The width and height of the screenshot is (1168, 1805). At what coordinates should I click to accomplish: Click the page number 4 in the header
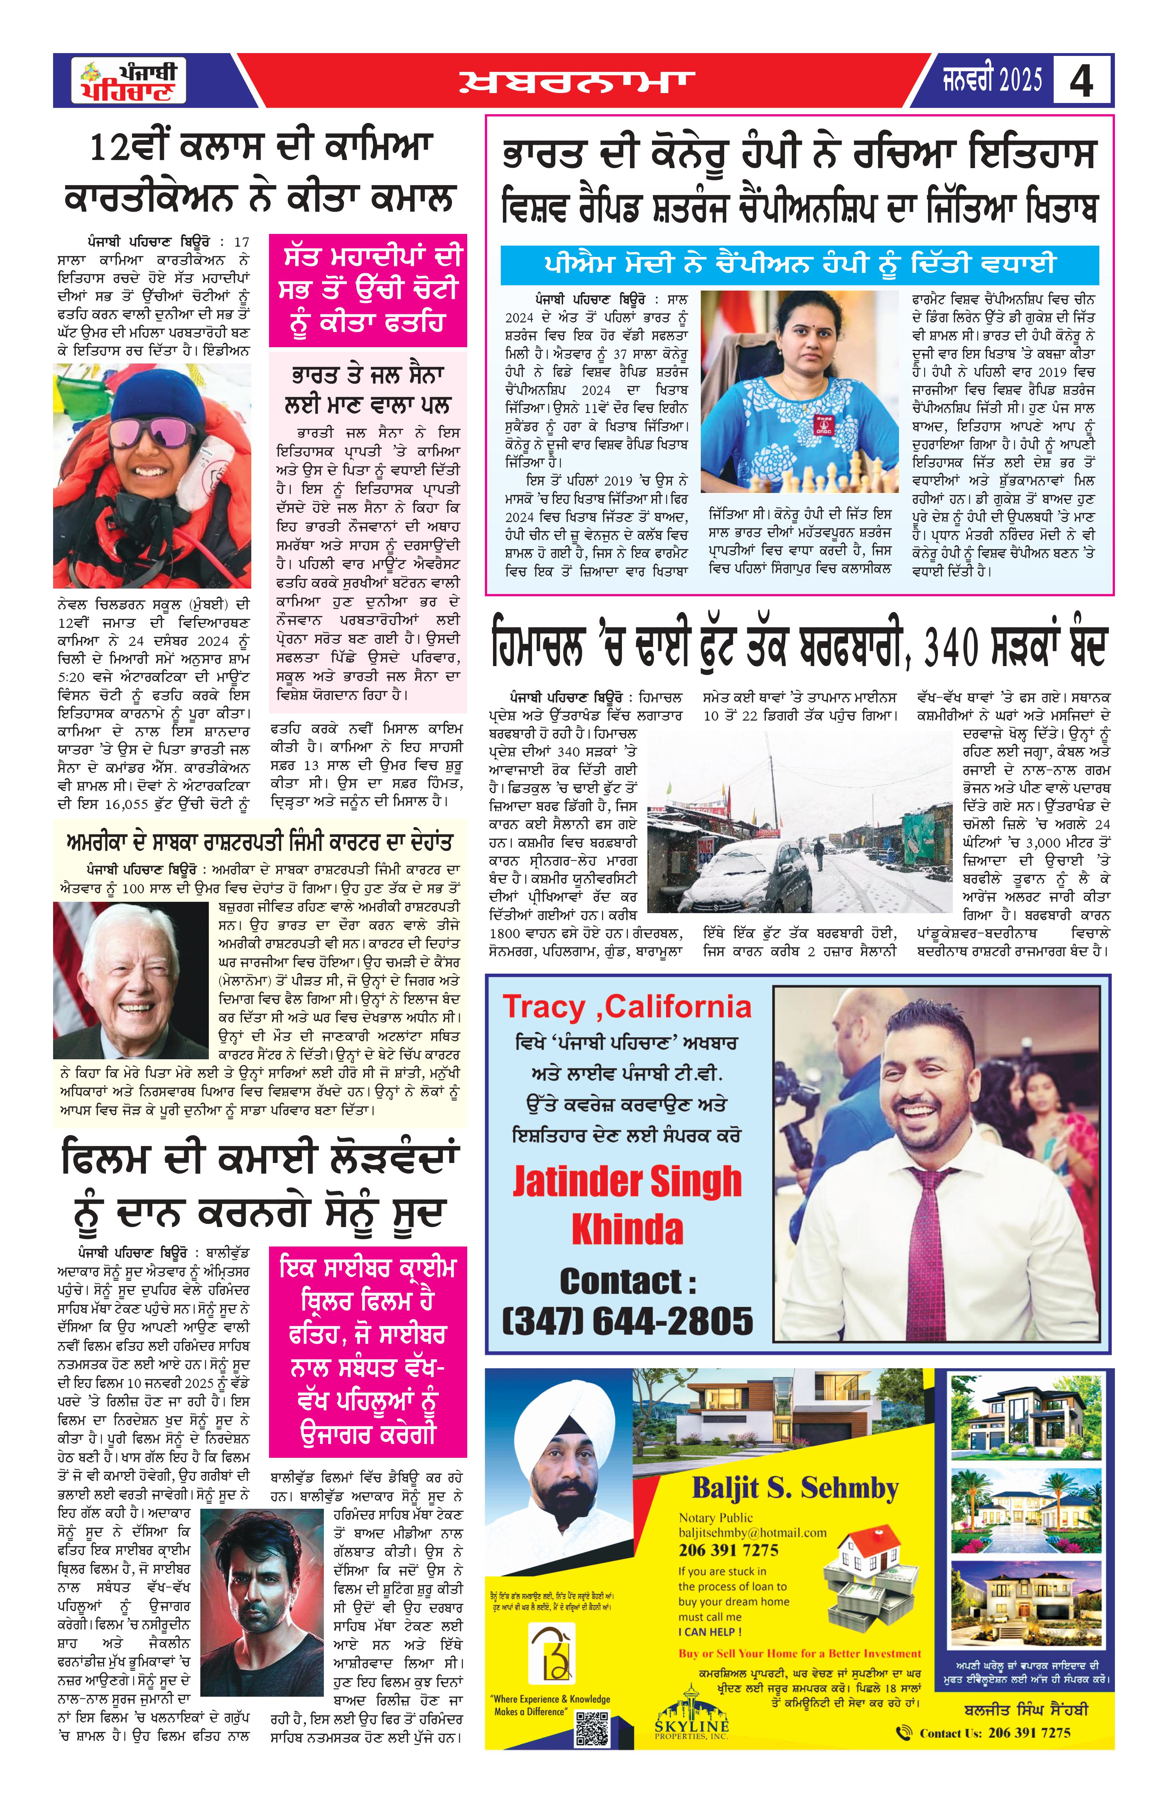click(1082, 80)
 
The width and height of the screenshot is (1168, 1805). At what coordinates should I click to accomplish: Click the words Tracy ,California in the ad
click(626, 1007)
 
